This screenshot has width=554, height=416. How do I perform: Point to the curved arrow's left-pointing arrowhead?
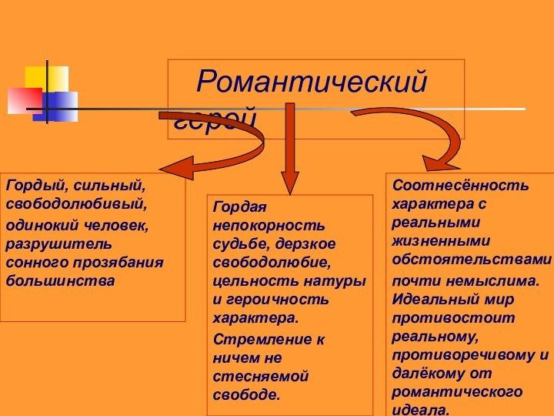[x=173, y=167]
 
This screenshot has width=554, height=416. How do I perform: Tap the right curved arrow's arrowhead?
[x=437, y=161]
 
